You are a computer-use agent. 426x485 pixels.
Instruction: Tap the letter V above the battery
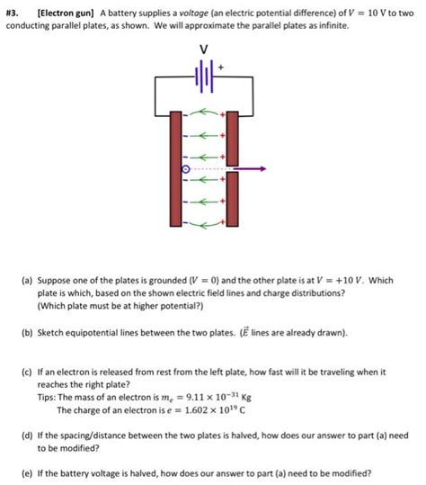pyautogui.click(x=204, y=49)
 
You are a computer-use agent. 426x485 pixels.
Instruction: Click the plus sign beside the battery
pyautogui.click(x=220, y=67)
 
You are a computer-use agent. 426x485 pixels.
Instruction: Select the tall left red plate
pyautogui.click(x=176, y=169)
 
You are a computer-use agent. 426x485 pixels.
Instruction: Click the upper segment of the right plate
pyautogui.click(x=232, y=139)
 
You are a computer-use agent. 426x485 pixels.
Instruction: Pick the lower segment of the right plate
pyautogui.click(x=232, y=199)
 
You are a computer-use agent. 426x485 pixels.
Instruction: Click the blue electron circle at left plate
pyautogui.click(x=186, y=169)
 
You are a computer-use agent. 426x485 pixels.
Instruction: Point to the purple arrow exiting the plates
pyautogui.click(x=250, y=168)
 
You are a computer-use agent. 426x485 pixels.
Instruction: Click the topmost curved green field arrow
pyautogui.click(x=204, y=112)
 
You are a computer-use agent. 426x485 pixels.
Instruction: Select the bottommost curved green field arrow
pyautogui.click(x=204, y=225)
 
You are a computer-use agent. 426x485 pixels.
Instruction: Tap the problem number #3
pyautogui.click(x=12, y=13)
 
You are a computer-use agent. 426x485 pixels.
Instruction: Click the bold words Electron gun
pyautogui.click(x=66, y=13)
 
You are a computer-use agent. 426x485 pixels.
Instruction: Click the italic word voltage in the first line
pyautogui.click(x=194, y=13)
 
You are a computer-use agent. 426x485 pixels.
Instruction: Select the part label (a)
pyautogui.click(x=27, y=281)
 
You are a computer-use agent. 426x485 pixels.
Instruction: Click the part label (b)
pyautogui.click(x=27, y=333)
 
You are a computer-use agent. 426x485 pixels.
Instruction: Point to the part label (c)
pyautogui.click(x=27, y=372)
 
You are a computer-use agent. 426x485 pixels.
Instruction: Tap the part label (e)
pyautogui.click(x=27, y=473)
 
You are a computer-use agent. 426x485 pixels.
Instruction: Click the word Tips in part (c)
pyautogui.click(x=46, y=397)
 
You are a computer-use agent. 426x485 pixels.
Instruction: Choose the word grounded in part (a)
pyautogui.click(x=168, y=281)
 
